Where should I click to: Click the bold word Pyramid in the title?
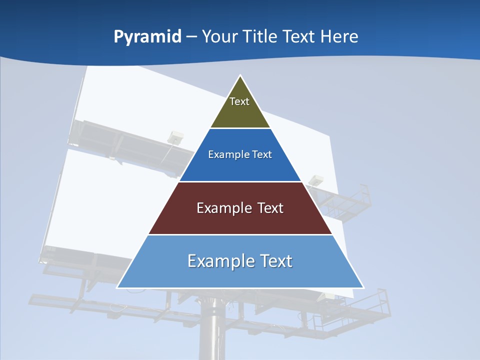147,36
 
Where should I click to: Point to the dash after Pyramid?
191,37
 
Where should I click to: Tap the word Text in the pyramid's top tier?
239,101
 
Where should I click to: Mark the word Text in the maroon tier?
270,208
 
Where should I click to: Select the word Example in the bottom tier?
220,261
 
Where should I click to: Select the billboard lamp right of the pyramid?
316,180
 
